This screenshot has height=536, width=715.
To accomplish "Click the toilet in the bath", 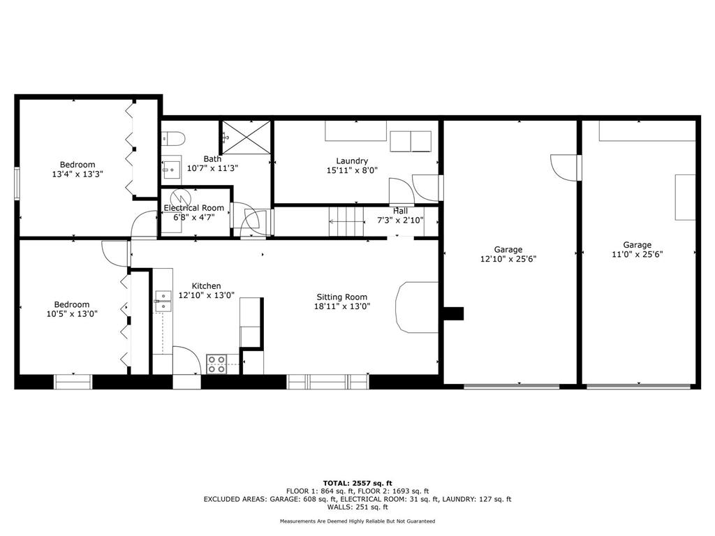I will click(174, 137).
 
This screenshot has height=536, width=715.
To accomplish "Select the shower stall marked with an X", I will click(246, 137).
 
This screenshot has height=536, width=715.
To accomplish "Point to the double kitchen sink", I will click(163, 301).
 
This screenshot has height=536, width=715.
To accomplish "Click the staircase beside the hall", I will click(347, 222).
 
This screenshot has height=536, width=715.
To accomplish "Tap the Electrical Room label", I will click(194, 208).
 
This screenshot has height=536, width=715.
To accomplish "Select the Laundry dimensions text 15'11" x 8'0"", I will click(352, 170).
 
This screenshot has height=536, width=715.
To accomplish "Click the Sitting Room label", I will click(341, 297).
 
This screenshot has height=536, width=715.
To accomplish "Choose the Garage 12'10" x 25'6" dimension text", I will click(508, 259).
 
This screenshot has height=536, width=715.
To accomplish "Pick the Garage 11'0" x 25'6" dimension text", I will click(637, 255).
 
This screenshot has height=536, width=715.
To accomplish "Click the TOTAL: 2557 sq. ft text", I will click(357, 483).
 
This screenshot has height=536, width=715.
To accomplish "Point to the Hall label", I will click(400, 211).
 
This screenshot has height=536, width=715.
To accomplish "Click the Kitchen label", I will click(206, 286).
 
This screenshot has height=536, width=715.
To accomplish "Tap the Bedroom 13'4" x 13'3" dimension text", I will click(77, 174).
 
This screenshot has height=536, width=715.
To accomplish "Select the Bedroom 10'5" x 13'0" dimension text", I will click(72, 314).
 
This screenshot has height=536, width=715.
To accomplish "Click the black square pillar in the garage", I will click(455, 313).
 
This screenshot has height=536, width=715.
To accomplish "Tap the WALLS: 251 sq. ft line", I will click(357, 507).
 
